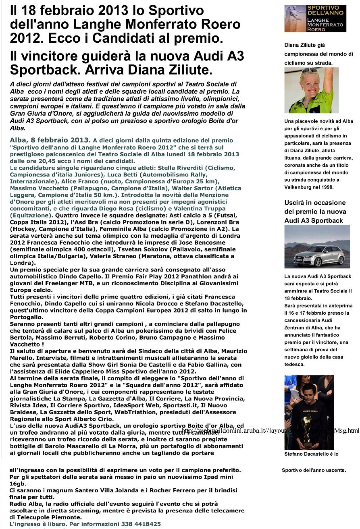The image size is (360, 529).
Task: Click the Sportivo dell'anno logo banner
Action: [x=315, y=19]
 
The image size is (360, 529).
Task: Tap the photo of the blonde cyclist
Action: [x=311, y=90]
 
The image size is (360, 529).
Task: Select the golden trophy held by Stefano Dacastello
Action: [x=308, y=434]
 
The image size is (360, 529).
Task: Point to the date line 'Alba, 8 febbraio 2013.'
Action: [x=50, y=141]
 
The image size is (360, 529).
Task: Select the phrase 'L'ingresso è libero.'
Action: [x=38, y=524]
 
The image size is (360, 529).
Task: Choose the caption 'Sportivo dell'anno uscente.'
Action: [x=314, y=470]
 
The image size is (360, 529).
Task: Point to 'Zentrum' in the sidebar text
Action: [x=297, y=327]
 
